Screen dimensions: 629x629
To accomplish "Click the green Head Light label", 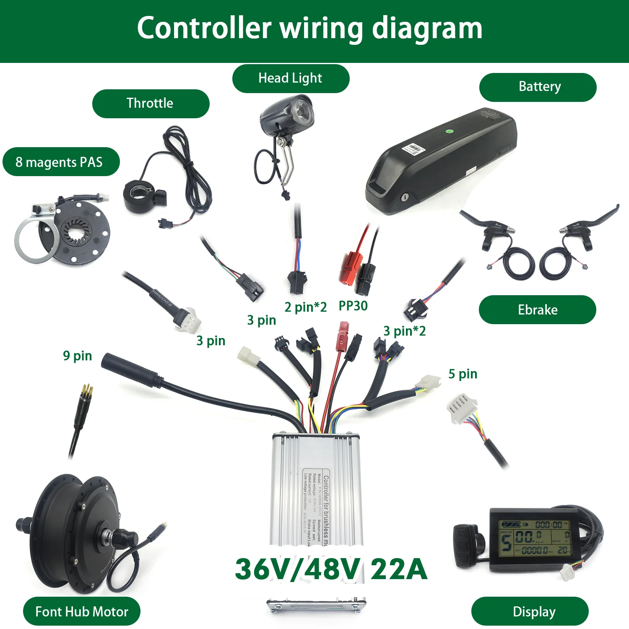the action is (x=291, y=78).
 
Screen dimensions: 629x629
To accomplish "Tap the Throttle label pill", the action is (x=151, y=104).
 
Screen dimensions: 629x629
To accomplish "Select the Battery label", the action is (x=538, y=87).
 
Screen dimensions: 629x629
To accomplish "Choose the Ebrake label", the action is (x=537, y=310).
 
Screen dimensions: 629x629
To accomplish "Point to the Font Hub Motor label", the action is (x=82, y=611).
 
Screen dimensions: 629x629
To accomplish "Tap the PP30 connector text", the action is (x=353, y=306).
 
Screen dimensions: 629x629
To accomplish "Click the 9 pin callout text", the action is (x=78, y=356).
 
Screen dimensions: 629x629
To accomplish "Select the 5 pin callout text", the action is (x=463, y=374).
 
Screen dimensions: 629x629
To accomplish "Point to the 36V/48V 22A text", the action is (x=331, y=569).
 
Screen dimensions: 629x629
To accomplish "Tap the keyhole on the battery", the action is (x=405, y=197).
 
